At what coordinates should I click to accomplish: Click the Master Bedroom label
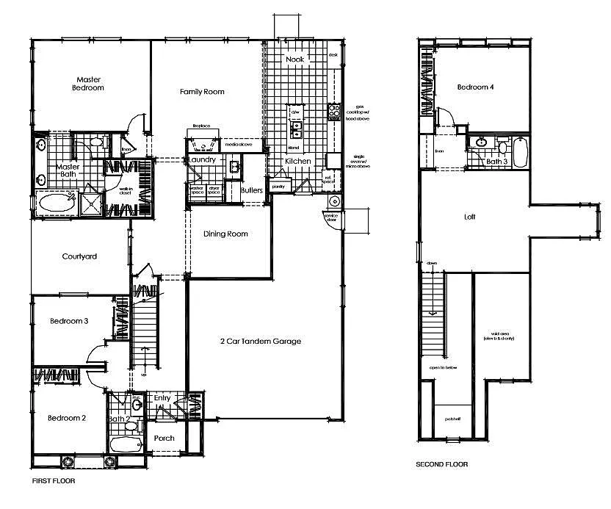coord(88,83)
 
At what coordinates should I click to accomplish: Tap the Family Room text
coord(202,92)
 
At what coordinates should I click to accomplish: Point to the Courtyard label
coord(79,257)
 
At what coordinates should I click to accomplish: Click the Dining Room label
coord(225,234)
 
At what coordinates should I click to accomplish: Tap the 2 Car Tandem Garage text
coord(261,341)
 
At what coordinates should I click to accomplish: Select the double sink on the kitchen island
coord(296,130)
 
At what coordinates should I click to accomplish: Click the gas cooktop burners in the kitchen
coord(333,112)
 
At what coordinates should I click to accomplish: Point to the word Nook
coord(294,59)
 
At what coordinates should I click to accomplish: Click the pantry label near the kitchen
coord(278,187)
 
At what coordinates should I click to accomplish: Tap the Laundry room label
coord(202,159)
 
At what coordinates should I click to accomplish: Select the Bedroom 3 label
coord(69,321)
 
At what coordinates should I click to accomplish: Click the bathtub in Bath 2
coord(126,444)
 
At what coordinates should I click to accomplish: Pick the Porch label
coord(164,438)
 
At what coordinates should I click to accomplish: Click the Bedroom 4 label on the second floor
coord(476,87)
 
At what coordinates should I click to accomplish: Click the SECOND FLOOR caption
coord(441,464)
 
